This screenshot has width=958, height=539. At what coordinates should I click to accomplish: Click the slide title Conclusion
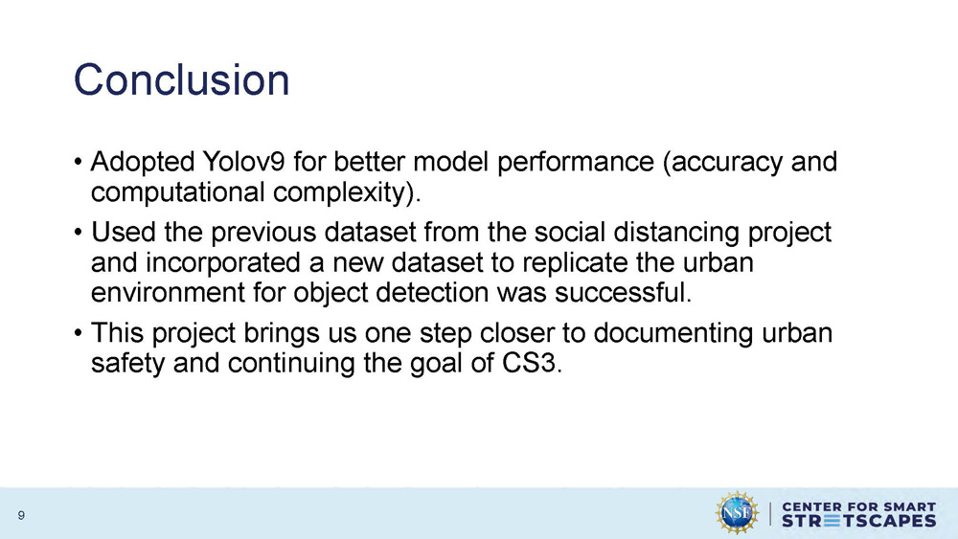point(181,79)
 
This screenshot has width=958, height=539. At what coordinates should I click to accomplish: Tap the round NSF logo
point(737,512)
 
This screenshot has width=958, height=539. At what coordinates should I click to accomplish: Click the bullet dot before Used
point(79,234)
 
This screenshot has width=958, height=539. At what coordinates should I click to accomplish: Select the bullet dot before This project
point(79,334)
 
